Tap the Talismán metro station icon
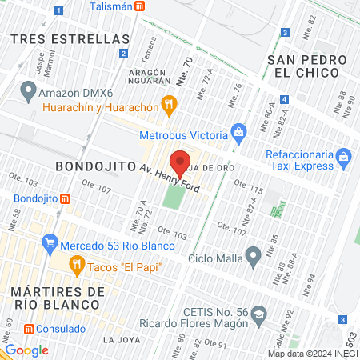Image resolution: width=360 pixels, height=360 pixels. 140,6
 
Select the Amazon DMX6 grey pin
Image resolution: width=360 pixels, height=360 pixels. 29,89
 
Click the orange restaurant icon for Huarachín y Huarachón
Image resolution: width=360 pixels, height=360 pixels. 168,102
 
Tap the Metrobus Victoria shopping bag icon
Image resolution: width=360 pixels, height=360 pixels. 238,130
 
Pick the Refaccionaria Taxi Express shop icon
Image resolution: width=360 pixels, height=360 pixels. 344,154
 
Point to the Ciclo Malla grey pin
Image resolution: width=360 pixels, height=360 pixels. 254,258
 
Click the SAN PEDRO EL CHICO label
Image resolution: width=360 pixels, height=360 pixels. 309,68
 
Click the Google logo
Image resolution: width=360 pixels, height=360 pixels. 26,350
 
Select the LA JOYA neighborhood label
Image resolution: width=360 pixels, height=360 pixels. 122,340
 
